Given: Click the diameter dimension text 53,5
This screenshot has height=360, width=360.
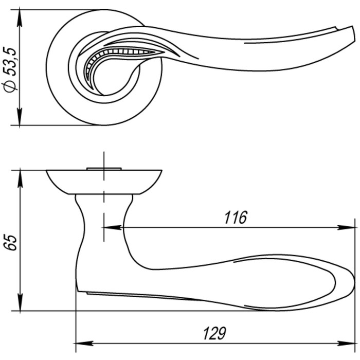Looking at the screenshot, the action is coord(10,62).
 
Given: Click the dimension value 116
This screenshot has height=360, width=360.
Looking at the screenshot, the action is coord(236,218).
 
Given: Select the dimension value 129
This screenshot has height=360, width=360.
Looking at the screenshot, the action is coord(214,333).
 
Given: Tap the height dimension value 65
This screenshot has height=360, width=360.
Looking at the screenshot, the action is coord(10,242).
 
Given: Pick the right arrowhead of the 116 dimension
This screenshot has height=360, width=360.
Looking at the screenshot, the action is coord(346,227).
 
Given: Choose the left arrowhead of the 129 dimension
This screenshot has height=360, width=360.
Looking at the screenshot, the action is coord(84,344).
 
